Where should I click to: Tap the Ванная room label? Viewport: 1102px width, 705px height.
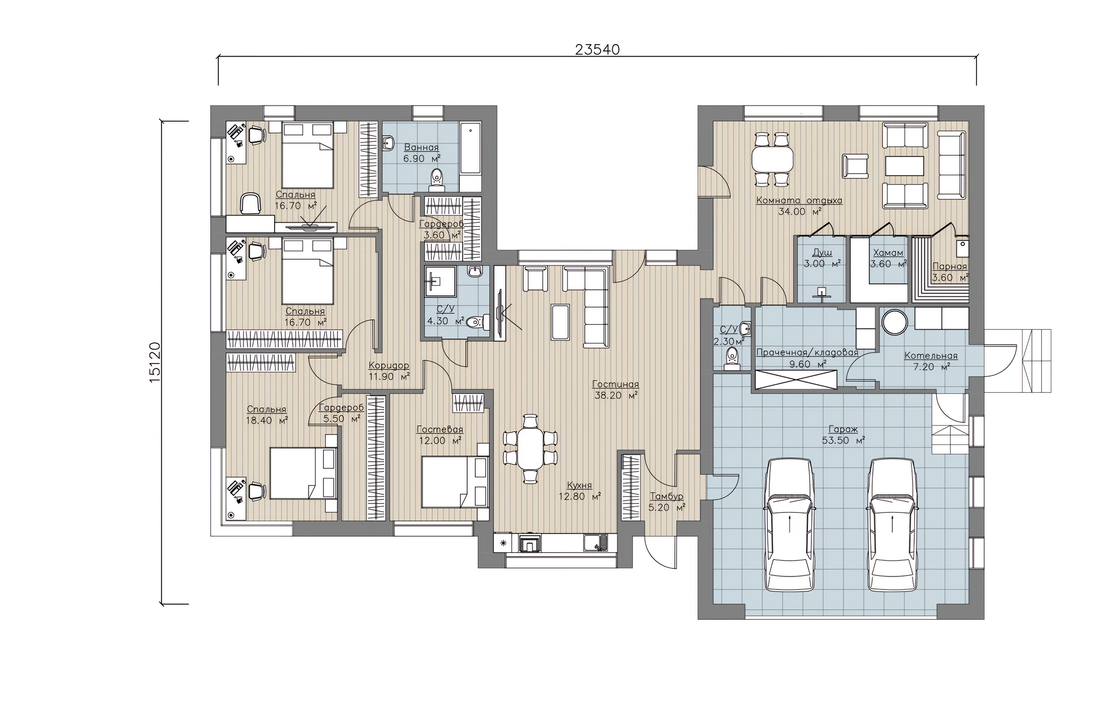click(x=421, y=147)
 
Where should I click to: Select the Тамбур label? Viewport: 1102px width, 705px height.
click(x=667, y=496)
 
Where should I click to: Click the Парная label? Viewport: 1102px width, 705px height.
click(x=949, y=266)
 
